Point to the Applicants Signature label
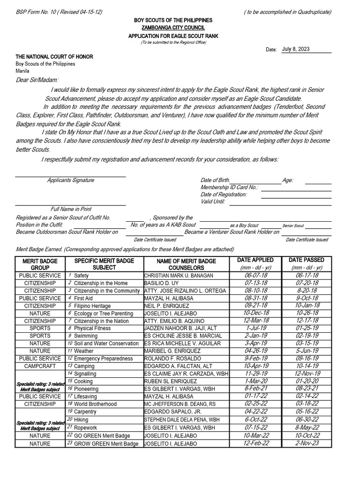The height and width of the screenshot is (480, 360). (x=70, y=180)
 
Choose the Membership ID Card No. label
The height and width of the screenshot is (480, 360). (x=229, y=187)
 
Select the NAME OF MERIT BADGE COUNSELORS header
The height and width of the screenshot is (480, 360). (x=186, y=264)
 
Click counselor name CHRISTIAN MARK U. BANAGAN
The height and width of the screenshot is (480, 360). (x=178, y=276)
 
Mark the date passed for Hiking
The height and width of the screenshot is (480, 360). (x=310, y=420)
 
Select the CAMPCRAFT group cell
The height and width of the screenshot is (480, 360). (x=39, y=366)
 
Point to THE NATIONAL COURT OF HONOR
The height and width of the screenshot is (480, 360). (x=54, y=57)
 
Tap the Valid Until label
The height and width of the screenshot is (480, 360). (x=213, y=202)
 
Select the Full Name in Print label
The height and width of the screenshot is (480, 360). (x=71, y=209)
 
